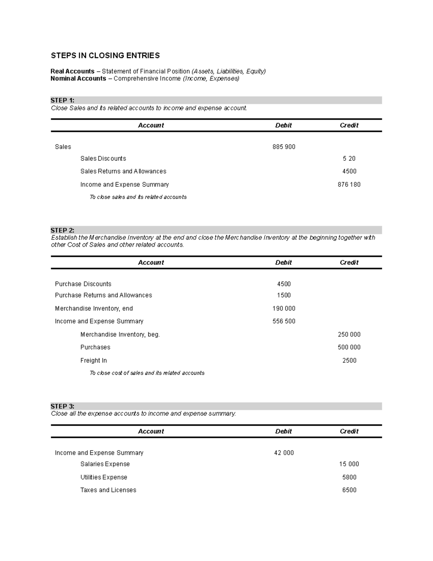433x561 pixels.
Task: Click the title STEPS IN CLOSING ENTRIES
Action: (x=105, y=56)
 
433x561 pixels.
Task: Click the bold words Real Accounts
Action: (x=72, y=72)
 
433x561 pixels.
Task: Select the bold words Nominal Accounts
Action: (x=78, y=79)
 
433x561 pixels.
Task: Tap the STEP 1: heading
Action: (x=62, y=100)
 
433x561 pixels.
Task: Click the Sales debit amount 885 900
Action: (x=284, y=147)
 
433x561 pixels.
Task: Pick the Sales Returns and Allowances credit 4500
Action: (x=349, y=172)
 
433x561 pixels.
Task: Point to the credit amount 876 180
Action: (x=349, y=185)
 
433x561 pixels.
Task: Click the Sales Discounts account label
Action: (x=103, y=159)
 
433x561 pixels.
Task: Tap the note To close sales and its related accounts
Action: (x=138, y=197)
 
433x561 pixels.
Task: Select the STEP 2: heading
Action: (x=62, y=230)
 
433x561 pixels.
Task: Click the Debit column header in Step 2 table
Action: (x=283, y=263)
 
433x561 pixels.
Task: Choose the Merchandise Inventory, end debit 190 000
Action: (x=284, y=308)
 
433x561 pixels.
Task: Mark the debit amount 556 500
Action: (x=284, y=322)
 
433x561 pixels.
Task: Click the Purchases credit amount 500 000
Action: (x=349, y=348)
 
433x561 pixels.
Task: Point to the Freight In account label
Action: (x=93, y=361)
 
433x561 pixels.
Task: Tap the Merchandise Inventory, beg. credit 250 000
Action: (x=349, y=335)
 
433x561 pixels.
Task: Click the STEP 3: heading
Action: (x=62, y=406)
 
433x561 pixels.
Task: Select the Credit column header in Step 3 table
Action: (x=349, y=431)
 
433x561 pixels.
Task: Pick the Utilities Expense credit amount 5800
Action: (x=349, y=478)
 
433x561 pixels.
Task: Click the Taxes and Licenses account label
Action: (x=108, y=490)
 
